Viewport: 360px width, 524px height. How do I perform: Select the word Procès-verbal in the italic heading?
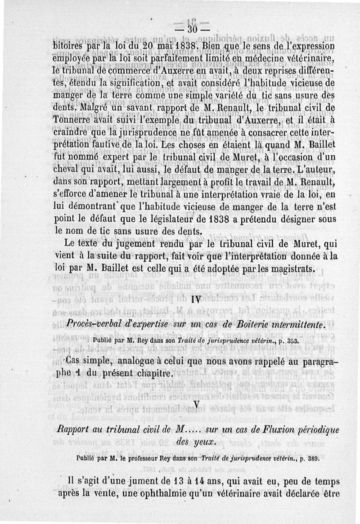[x=88, y=325]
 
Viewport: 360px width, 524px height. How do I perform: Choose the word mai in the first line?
[x=162, y=46]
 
